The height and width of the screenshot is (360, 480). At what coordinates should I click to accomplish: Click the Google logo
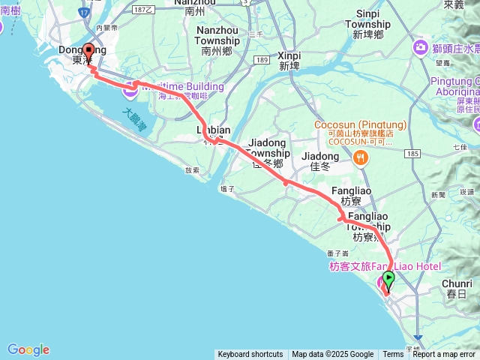point(28,349)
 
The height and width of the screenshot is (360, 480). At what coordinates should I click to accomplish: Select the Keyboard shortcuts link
point(250,355)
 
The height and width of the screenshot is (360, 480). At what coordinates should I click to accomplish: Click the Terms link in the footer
point(393,355)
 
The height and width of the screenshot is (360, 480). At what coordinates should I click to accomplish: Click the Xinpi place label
point(289,60)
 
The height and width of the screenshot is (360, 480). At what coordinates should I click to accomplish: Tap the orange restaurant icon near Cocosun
point(361,157)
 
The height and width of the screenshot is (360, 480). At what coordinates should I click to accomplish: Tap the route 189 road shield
point(261,59)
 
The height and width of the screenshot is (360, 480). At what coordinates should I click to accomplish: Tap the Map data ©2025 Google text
point(332,355)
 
